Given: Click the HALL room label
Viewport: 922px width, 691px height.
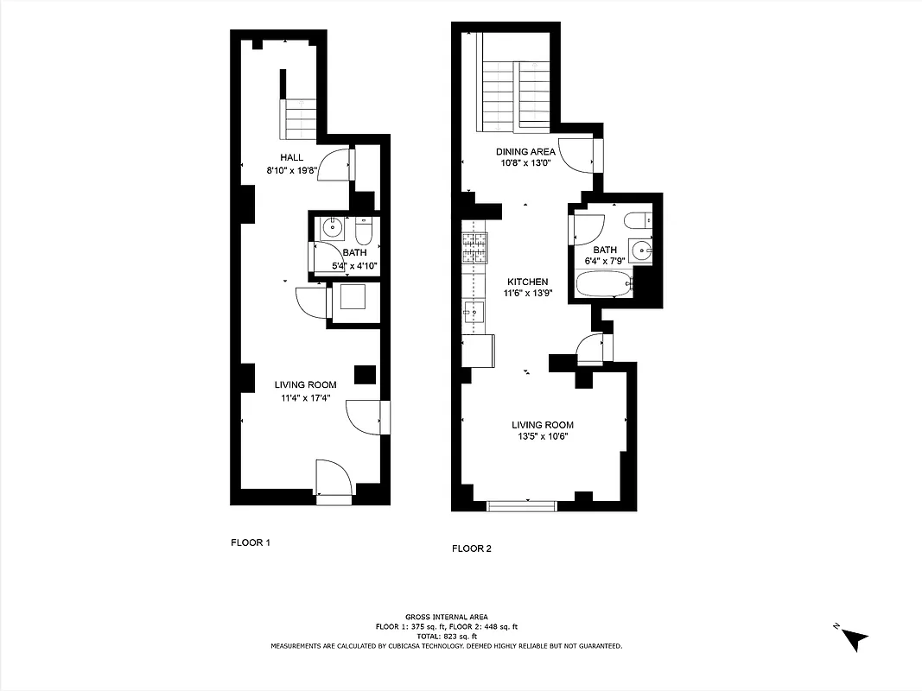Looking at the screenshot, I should [291, 157].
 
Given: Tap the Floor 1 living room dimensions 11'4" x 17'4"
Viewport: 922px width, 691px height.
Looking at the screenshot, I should [305, 398].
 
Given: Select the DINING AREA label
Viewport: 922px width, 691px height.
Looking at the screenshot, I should [525, 151].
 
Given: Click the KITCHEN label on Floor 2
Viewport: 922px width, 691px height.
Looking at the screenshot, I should [527, 282].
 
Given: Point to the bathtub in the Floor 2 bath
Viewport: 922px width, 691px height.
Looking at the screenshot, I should [603, 284].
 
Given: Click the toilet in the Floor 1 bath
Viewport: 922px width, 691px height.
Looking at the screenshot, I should [363, 231].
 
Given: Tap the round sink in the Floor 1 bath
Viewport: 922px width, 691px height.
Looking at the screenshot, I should [330, 230].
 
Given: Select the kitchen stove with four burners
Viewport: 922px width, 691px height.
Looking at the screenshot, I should [474, 248].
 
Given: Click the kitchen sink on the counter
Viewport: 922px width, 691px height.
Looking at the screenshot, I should [473, 313].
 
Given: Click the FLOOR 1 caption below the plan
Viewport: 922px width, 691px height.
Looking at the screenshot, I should [251, 543].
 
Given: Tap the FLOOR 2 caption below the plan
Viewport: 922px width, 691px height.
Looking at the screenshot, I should [472, 548].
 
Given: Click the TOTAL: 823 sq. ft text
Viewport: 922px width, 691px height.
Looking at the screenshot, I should [446, 636].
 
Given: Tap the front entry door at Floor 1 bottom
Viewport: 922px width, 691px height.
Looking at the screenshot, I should [334, 482].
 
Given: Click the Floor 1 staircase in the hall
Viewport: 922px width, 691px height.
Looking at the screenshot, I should [298, 117].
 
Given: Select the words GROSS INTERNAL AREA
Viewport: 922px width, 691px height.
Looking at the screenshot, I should [446, 617].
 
